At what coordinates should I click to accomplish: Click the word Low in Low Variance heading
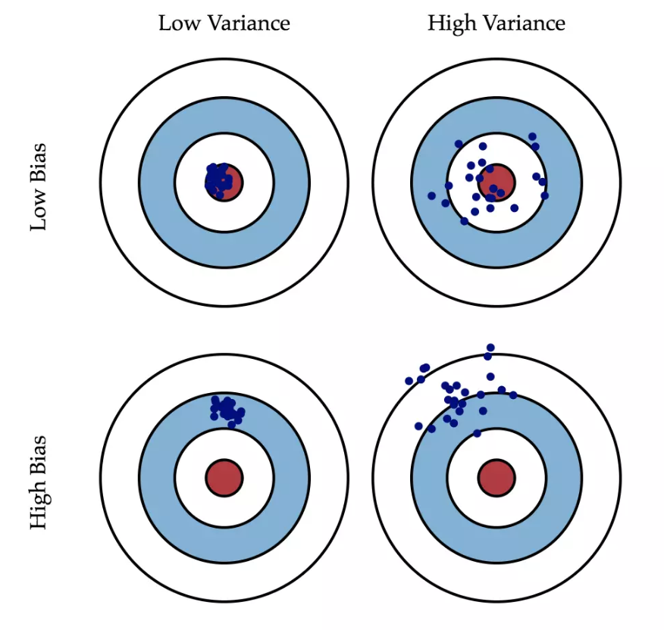[x=174, y=23]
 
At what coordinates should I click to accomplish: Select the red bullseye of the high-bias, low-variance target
[x=224, y=479]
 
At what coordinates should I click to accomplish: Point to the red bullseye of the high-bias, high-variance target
[x=496, y=479]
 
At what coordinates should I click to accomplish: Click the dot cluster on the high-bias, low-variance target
[x=227, y=410]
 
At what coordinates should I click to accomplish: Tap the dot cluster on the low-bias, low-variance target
[x=217, y=179]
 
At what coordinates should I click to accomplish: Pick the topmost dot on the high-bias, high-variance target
[x=491, y=348]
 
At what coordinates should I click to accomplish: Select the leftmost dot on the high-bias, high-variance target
[x=409, y=381]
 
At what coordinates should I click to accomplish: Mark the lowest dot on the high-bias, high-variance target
[x=477, y=433]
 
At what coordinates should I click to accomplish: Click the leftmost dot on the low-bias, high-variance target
[x=432, y=195]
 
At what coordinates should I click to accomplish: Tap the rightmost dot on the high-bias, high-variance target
[x=513, y=395]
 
